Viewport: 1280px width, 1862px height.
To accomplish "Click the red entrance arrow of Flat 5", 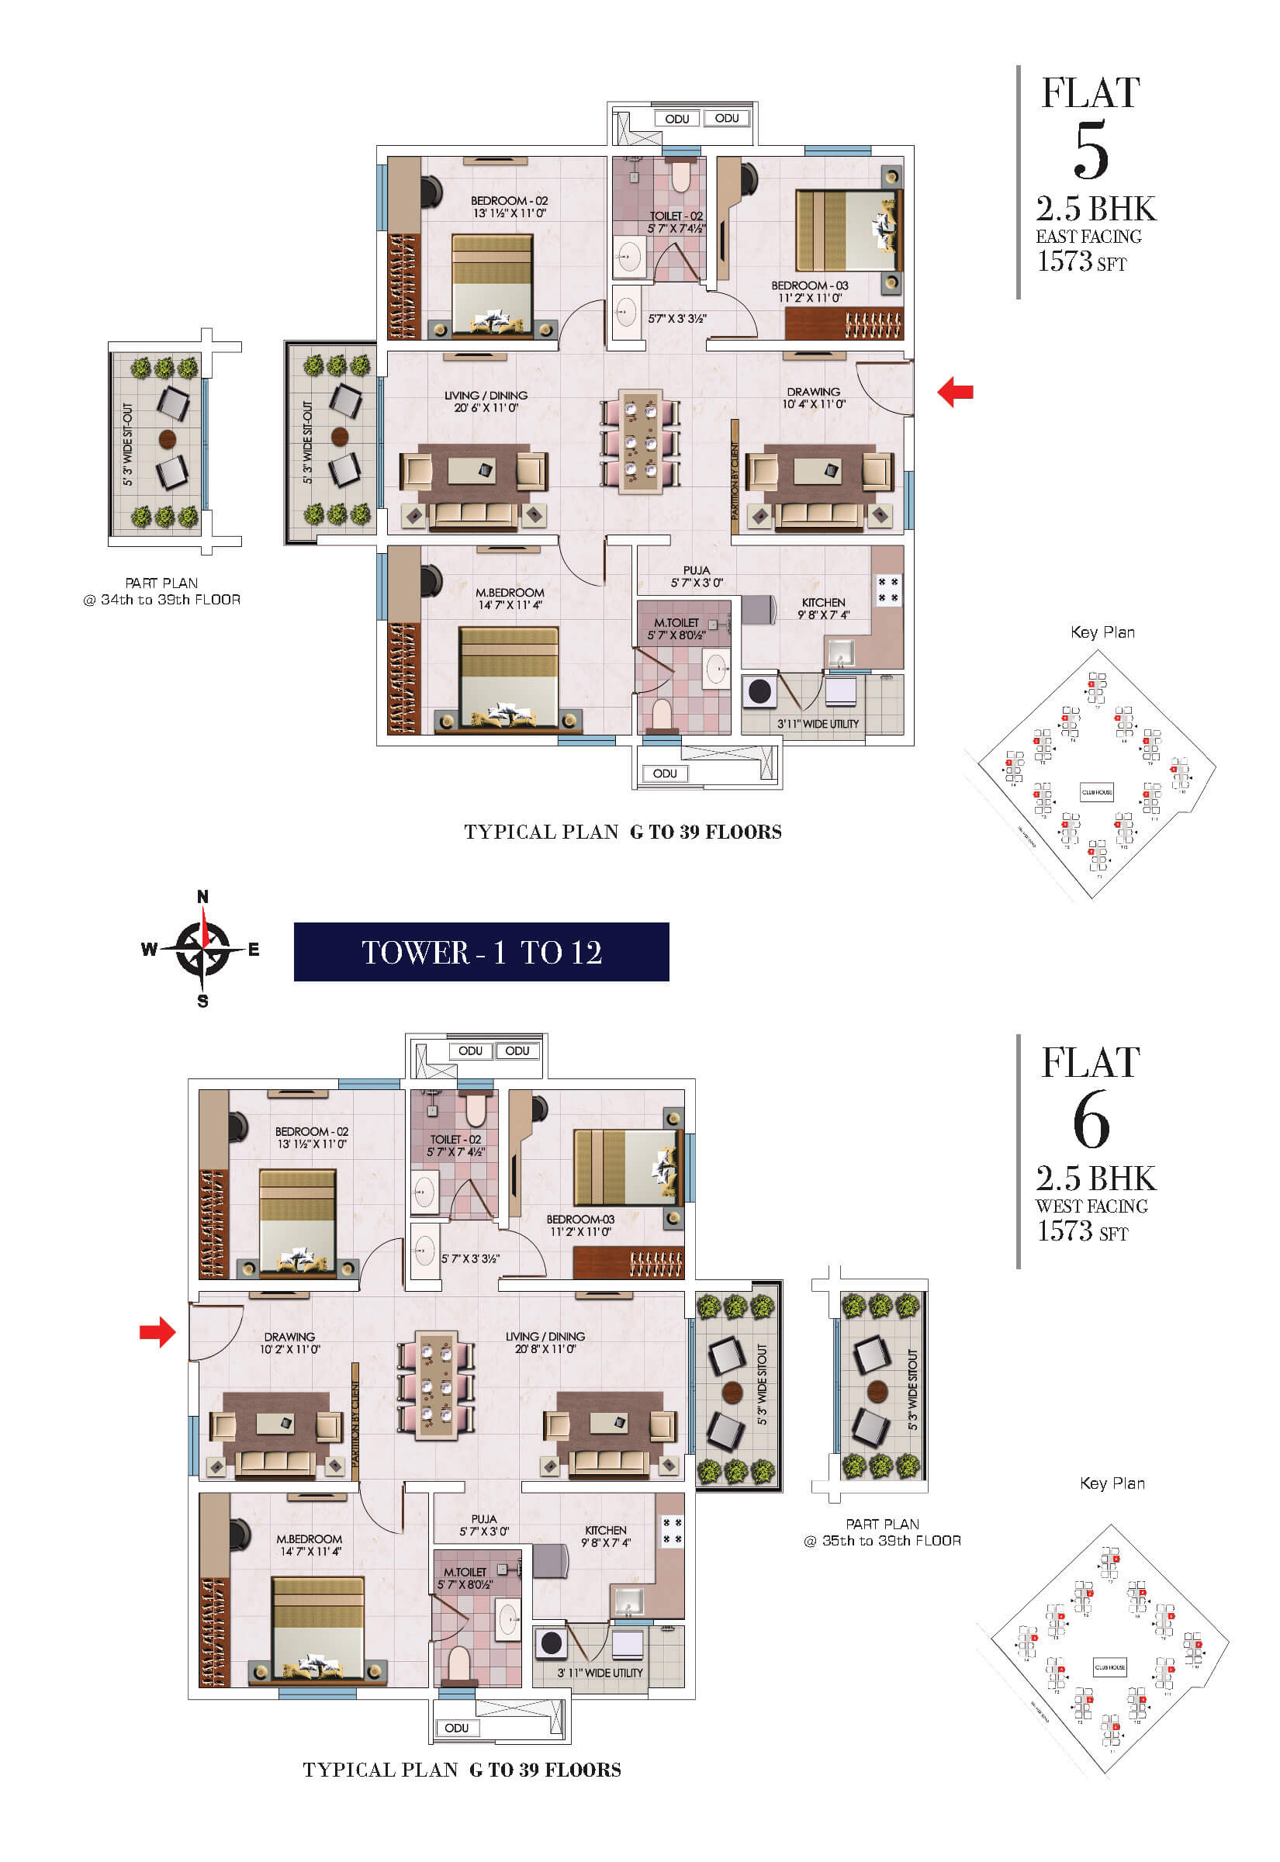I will tap(955, 392).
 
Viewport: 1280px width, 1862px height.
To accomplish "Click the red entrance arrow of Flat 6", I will tap(157, 1332).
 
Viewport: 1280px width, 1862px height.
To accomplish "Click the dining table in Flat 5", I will tap(641, 441).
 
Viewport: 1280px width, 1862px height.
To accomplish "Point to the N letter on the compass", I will tap(203, 897).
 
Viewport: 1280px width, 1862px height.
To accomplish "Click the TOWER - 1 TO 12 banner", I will tap(481, 952).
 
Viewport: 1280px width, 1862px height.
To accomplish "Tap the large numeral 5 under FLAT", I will tap(1091, 150).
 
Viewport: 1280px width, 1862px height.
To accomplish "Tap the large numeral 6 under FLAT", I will tap(1091, 1120).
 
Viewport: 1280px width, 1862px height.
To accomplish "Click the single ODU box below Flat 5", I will tap(664, 774).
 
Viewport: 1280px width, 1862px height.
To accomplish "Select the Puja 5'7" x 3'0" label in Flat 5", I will tap(696, 576).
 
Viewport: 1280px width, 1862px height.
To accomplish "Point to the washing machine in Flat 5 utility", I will tap(759, 691).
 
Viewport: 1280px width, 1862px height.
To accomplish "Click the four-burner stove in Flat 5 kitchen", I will tap(887, 590).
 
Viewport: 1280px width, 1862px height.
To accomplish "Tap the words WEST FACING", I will tap(1091, 1206).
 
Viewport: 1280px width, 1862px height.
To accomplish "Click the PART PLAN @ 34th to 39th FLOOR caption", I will tap(161, 591).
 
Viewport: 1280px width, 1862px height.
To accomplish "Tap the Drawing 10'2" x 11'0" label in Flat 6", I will tap(289, 1342).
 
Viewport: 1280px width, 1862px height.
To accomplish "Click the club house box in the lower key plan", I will tap(1110, 1666).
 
